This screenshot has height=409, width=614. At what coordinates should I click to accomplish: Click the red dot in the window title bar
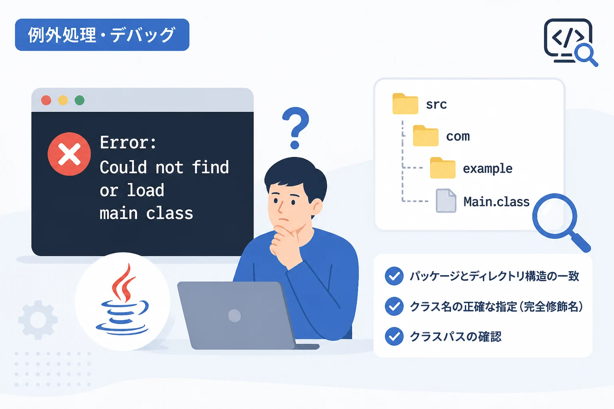coord(46,100)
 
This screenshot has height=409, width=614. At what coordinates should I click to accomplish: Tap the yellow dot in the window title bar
coord(63,100)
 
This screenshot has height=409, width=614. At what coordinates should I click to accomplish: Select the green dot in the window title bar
coord(80,100)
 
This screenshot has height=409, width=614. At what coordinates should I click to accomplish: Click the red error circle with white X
coord(69,154)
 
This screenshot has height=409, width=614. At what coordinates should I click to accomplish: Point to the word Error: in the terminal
coord(128,143)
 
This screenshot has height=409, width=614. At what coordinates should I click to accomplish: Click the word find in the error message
coord(210,167)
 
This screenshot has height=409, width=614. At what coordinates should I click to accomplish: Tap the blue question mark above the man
coord(295,128)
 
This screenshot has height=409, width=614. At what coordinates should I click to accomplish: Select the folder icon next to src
coord(405,103)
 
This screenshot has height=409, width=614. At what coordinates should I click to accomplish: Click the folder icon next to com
coord(426,136)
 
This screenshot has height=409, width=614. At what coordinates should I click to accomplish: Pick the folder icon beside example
coord(443,168)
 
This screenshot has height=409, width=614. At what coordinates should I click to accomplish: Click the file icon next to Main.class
coord(446,201)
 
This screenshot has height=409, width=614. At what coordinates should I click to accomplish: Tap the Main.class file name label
coord(496,202)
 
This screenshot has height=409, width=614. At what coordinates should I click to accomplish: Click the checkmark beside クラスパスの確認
coord(394,336)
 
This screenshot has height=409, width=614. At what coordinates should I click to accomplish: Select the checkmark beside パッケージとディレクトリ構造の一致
coord(394,276)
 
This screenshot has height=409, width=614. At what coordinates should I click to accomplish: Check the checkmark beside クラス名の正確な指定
coord(394,306)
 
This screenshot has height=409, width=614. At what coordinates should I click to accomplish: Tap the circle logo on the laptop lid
coord(234,316)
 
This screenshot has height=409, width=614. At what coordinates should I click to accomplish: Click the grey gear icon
coord(38,320)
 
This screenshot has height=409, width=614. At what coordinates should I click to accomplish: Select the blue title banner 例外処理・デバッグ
coord(102,35)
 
